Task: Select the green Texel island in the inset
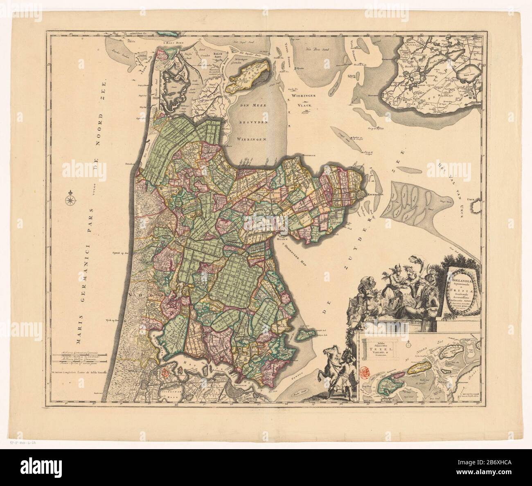[x=388, y=385]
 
